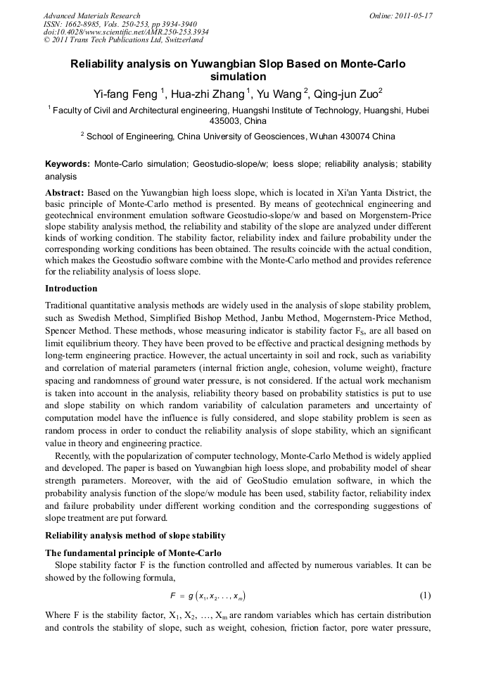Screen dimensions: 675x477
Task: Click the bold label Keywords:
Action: pos(68,163)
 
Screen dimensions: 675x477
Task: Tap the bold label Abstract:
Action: pos(65,192)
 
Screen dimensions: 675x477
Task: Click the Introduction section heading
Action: pos(71,289)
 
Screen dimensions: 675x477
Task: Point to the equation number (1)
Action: pos(425,595)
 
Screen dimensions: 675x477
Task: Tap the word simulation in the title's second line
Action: pos(238,77)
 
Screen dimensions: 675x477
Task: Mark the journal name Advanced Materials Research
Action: pos(91,15)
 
